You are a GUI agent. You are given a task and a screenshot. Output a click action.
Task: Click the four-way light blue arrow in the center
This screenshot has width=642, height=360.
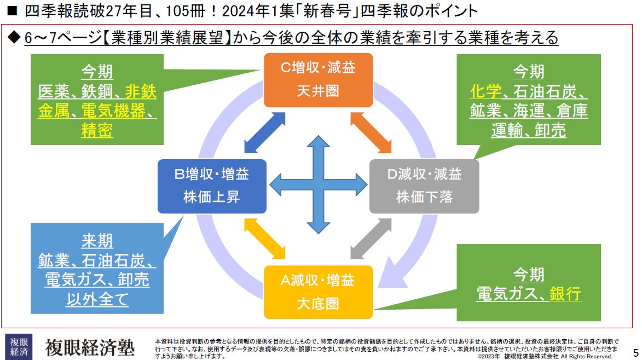pyautogui.click(x=318, y=184)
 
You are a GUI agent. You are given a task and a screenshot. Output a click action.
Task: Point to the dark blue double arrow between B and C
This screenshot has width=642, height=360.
pyautogui.click(x=265, y=133)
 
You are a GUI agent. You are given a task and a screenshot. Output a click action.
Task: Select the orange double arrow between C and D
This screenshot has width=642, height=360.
pyautogui.click(x=371, y=133)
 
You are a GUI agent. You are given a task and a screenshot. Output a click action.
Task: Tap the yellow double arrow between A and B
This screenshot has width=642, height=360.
pyautogui.click(x=265, y=239)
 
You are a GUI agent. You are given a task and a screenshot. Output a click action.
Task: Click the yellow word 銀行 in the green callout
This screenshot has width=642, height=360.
pyautogui.click(x=565, y=294)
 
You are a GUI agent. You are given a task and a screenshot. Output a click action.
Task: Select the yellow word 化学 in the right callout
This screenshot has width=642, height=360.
pyautogui.click(x=486, y=91)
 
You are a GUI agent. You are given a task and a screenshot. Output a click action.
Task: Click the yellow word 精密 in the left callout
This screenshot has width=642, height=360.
pyautogui.click(x=97, y=131)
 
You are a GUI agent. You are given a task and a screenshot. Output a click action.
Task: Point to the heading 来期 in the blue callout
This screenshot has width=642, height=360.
pyautogui.click(x=97, y=241)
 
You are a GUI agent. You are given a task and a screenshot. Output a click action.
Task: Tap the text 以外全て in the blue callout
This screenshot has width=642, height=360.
pyautogui.click(x=97, y=300)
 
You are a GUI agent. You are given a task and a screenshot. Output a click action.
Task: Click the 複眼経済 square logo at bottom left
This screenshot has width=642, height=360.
pyautogui.click(x=18, y=346)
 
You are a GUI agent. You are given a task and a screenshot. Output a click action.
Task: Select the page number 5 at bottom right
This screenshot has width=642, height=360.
pyautogui.click(x=635, y=352)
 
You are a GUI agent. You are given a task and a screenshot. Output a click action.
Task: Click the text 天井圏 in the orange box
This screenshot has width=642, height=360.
pyautogui.click(x=318, y=90)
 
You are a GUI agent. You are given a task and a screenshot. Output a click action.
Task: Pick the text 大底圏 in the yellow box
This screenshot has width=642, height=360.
pyautogui.click(x=318, y=303)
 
